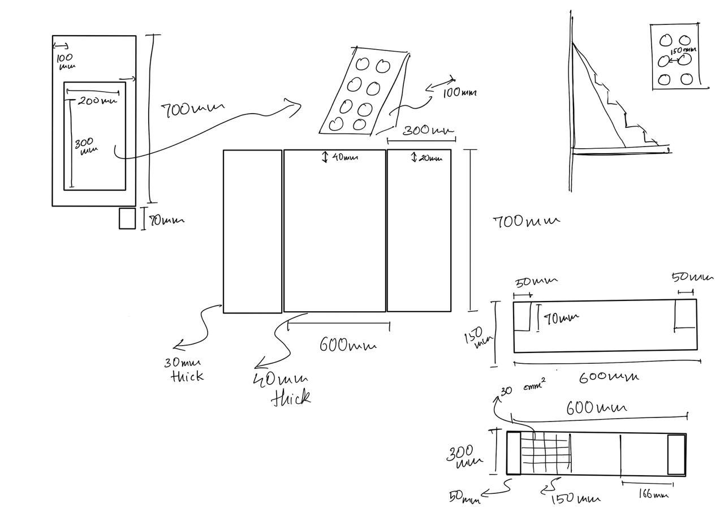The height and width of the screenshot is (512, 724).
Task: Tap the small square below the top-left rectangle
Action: [127, 219]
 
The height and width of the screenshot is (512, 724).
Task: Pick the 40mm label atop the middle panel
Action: [344, 158]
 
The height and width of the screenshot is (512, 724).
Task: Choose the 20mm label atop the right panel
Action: [430, 158]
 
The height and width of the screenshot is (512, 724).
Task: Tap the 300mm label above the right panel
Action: [428, 131]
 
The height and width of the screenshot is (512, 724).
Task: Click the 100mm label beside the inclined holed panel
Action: [459, 92]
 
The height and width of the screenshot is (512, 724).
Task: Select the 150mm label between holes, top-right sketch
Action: [683, 51]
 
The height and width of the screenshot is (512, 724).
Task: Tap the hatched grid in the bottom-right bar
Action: [544, 453]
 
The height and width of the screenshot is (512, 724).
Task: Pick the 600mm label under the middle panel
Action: [348, 344]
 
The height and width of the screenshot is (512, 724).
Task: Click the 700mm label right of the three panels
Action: [527, 222]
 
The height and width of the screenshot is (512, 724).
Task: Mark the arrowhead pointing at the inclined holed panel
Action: [296, 107]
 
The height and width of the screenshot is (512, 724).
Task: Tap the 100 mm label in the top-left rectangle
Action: [66, 61]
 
